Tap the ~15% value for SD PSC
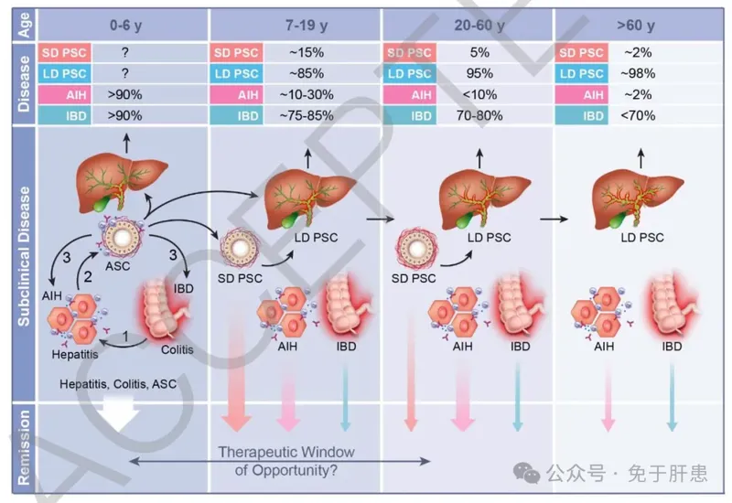(x=294, y=53)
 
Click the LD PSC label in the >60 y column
(x=642, y=239)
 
